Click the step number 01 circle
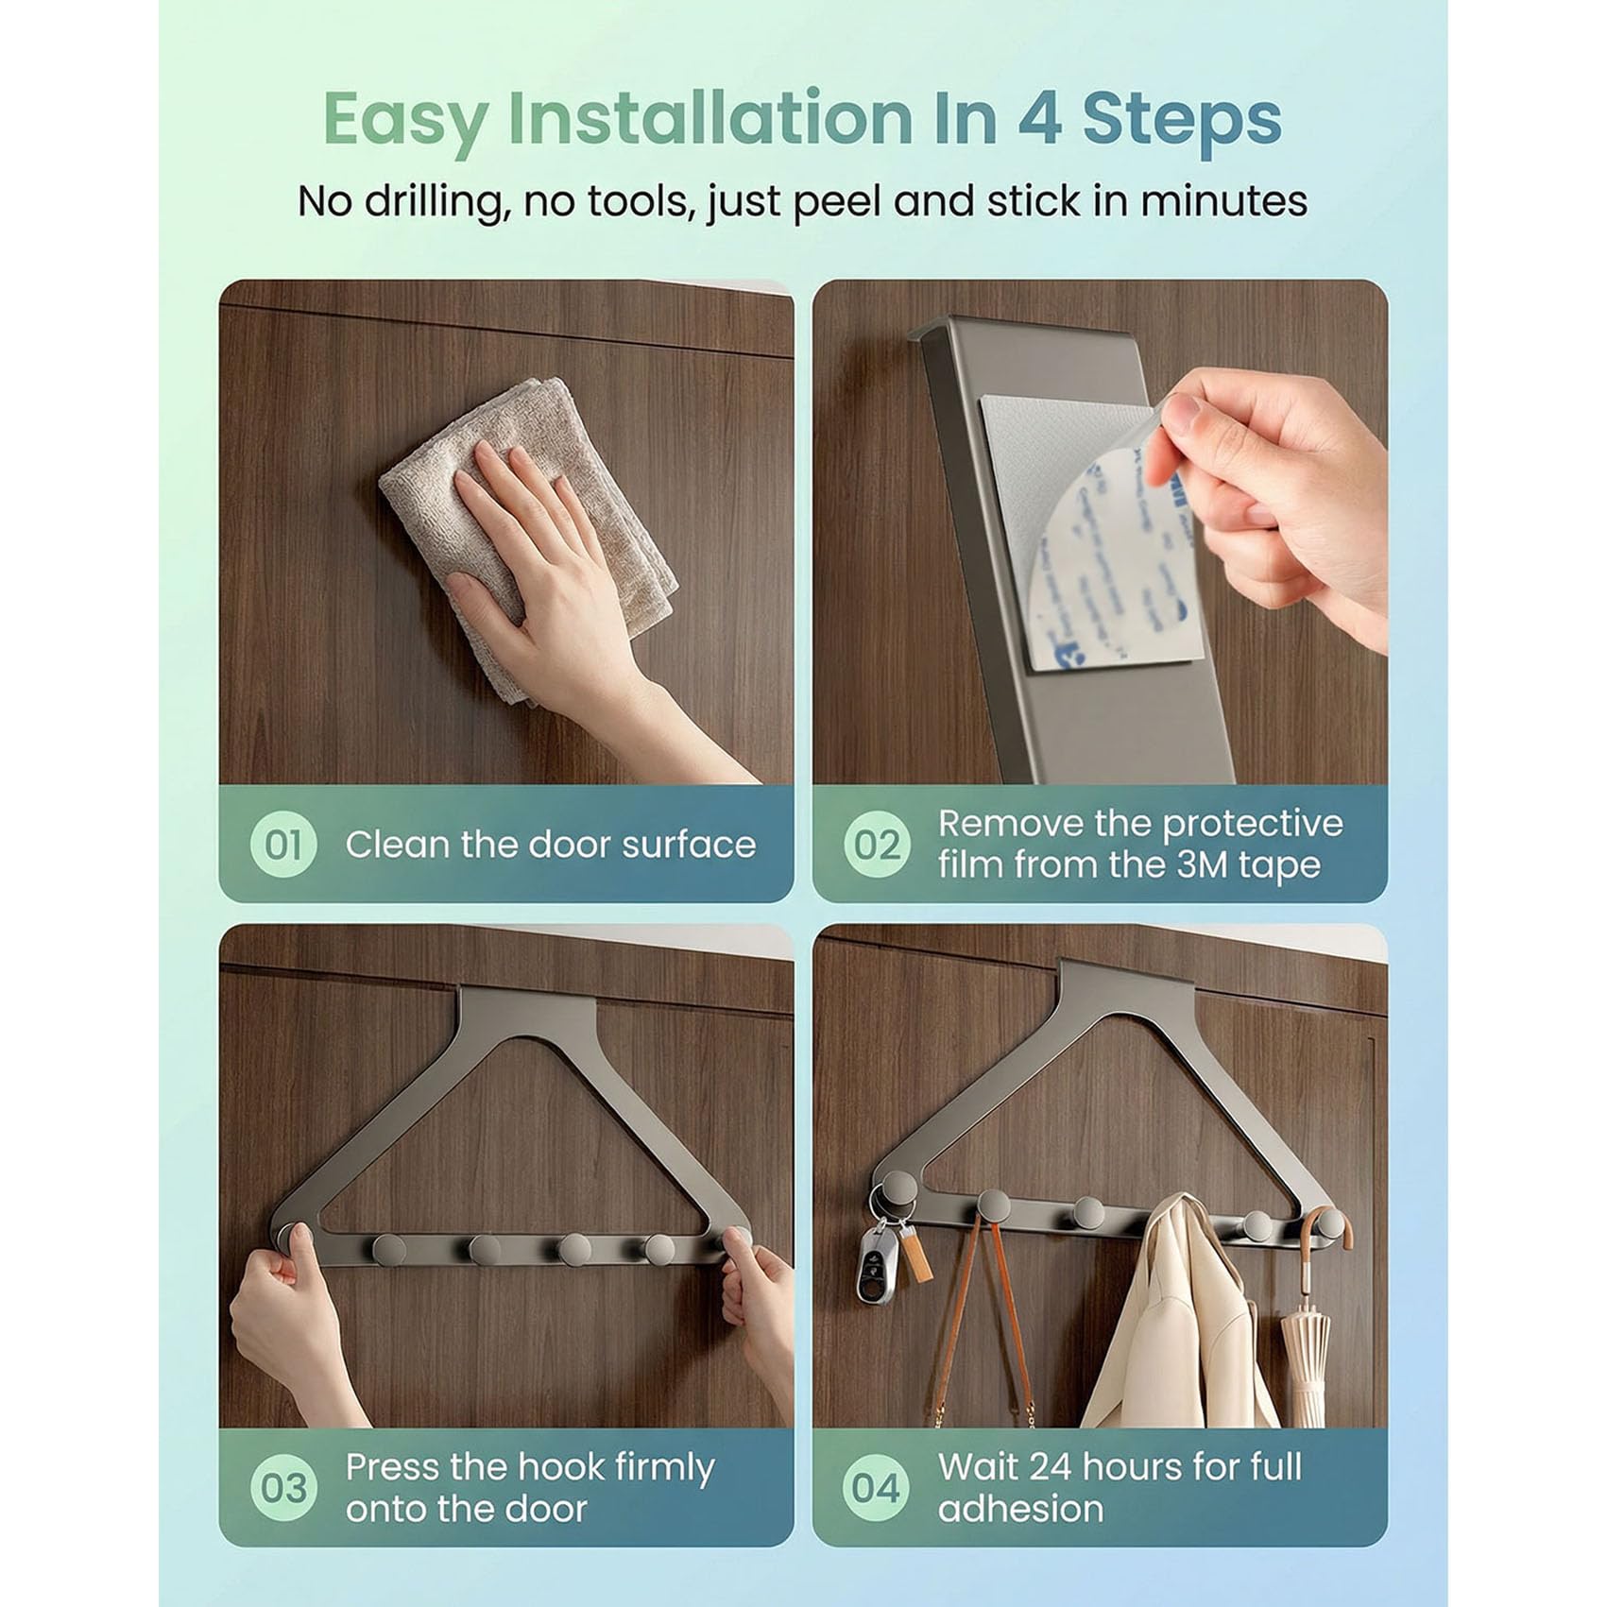point(282,845)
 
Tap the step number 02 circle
point(876,845)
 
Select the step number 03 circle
point(282,1488)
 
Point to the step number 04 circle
point(875,1488)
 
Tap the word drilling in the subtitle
point(435,202)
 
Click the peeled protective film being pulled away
point(1105,539)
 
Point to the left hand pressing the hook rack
point(283,1323)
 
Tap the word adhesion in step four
point(1020,1510)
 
